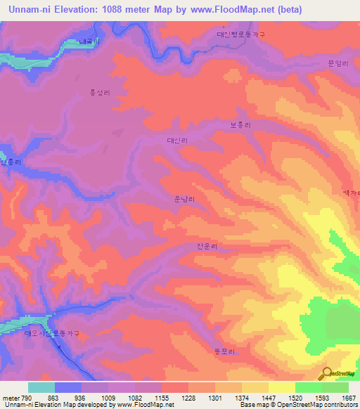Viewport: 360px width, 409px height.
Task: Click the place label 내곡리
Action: tap(89, 42)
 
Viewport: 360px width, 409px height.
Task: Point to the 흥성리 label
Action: tap(99, 92)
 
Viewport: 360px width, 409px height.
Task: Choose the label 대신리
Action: tap(177, 141)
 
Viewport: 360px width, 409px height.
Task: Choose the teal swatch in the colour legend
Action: tap(41, 387)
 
